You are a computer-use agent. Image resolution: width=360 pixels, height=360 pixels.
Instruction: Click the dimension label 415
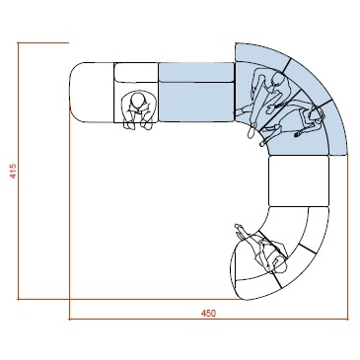click(x=13, y=171)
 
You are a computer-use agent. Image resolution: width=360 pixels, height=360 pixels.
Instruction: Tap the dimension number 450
click(x=208, y=314)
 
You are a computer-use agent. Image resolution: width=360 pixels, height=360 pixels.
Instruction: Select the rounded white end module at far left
click(x=92, y=92)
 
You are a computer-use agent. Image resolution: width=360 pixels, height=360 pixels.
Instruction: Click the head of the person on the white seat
click(x=138, y=100)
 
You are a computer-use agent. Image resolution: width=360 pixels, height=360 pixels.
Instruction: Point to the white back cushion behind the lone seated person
click(x=136, y=72)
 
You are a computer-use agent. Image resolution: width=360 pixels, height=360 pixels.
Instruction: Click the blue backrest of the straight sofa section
click(x=196, y=72)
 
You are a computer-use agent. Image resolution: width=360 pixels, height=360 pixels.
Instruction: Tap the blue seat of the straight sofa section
click(x=196, y=102)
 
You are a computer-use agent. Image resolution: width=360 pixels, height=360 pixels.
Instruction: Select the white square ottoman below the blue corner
click(x=299, y=181)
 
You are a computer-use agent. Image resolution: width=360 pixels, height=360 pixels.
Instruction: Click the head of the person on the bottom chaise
click(x=279, y=263)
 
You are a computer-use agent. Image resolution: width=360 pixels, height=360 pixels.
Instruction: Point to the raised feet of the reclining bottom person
click(x=240, y=229)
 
